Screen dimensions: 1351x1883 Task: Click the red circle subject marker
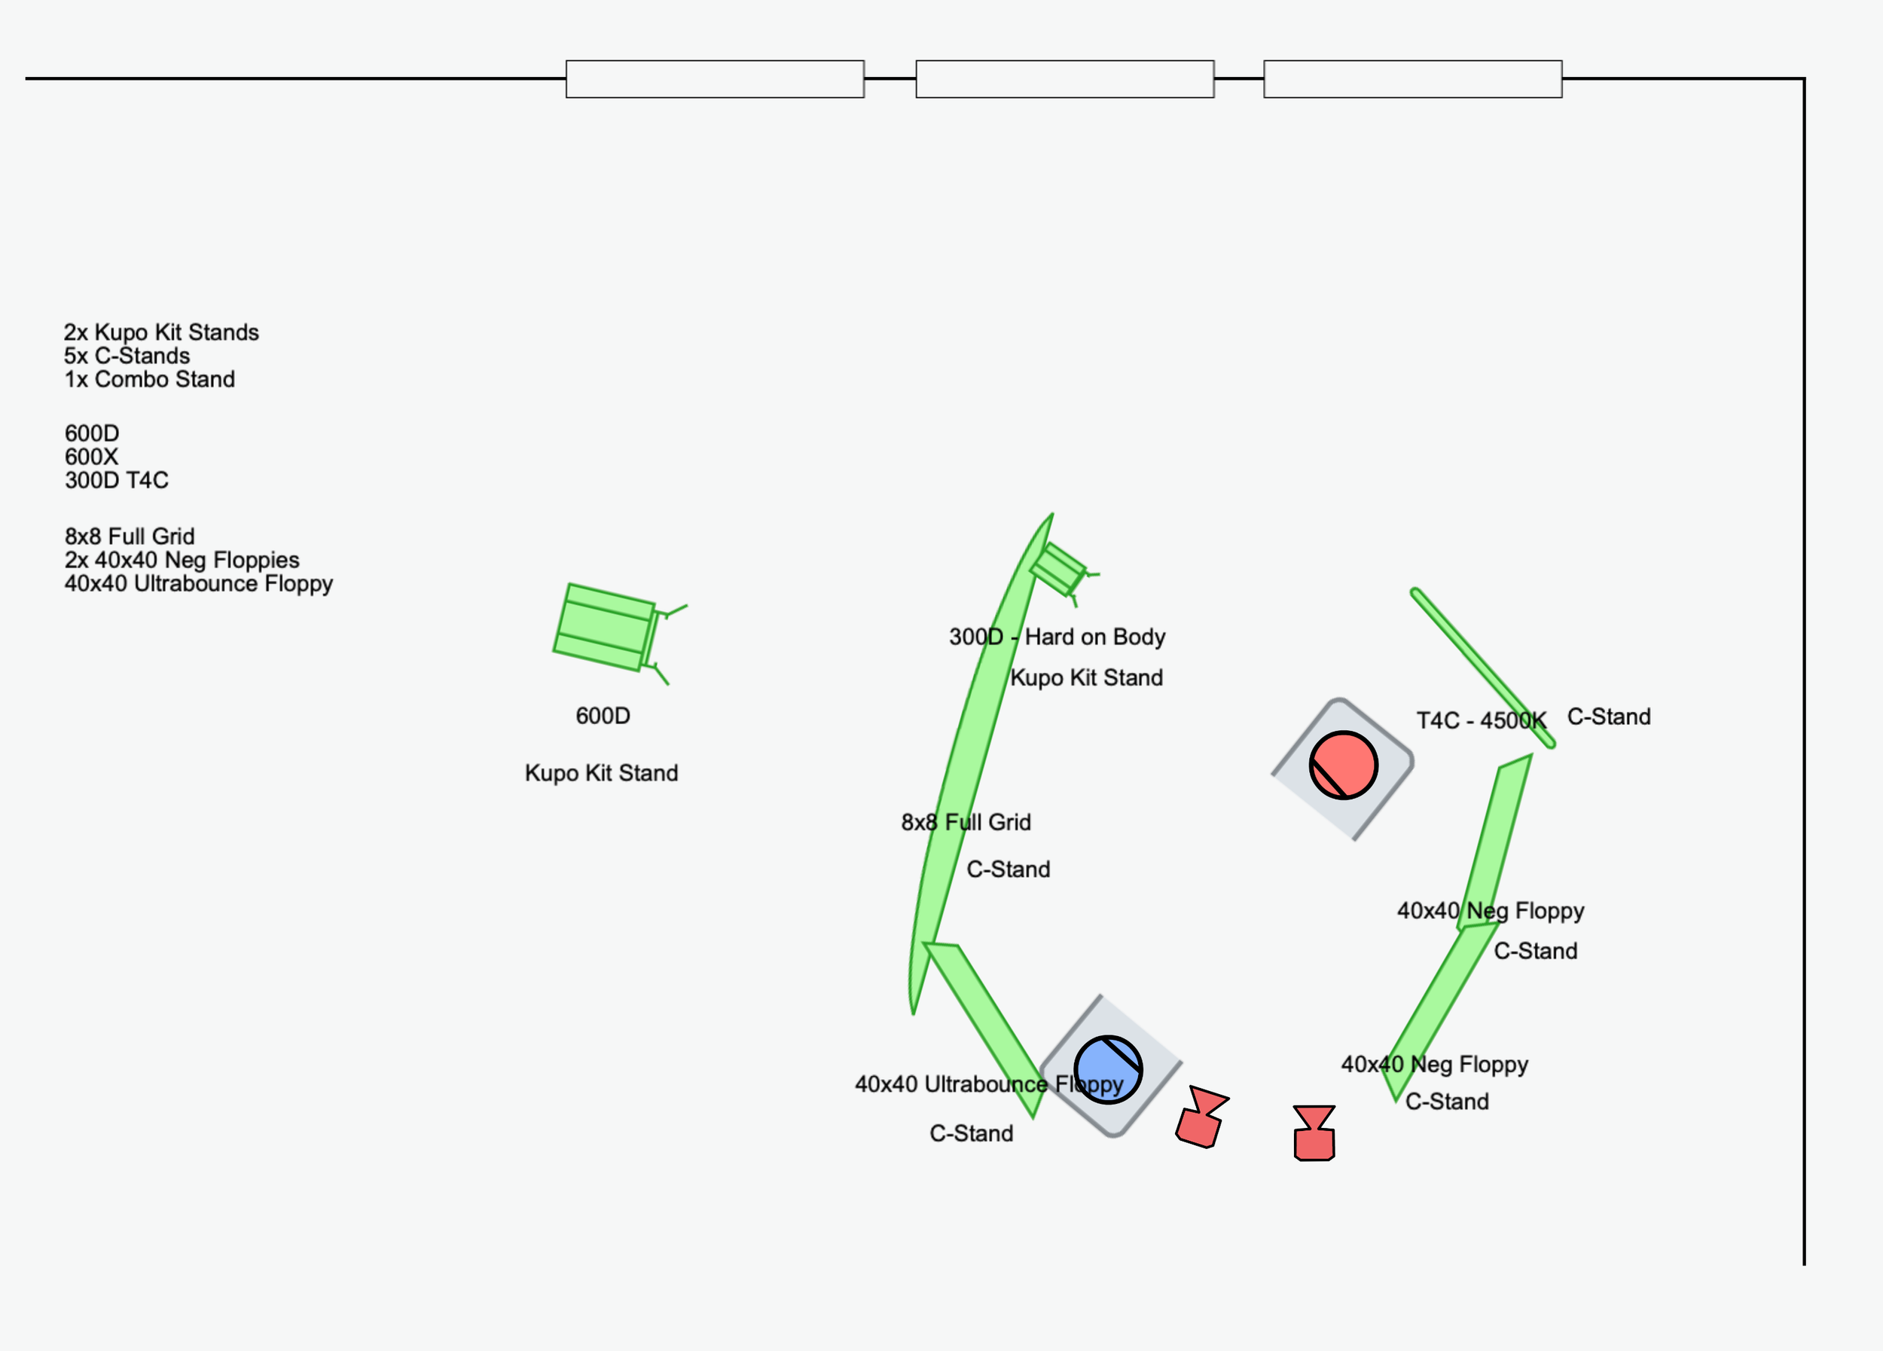(1342, 765)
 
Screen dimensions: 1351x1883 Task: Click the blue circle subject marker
(1107, 1069)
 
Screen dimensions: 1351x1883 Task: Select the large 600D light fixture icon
(606, 628)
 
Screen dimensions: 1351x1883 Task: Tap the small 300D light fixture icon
(1058, 569)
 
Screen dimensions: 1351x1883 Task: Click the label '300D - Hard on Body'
(1057, 637)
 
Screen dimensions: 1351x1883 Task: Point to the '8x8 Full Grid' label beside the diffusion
(966, 822)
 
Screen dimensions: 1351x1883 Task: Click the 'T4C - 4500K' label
(1481, 720)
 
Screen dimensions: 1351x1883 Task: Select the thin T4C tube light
(1482, 668)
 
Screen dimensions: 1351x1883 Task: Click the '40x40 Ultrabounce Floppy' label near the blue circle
(989, 1084)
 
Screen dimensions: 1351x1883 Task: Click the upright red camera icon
(1314, 1133)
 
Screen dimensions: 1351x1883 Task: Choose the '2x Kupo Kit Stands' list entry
(161, 332)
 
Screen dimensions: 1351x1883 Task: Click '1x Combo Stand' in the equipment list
(149, 380)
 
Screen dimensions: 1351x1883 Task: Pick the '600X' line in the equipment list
(91, 457)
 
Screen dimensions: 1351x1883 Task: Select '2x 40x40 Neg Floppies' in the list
(182, 560)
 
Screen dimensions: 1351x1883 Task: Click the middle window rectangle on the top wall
(1064, 79)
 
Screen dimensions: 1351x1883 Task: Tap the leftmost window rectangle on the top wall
(715, 79)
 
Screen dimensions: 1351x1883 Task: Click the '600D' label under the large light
(603, 716)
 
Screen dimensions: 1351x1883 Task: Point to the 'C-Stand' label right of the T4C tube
(1608, 717)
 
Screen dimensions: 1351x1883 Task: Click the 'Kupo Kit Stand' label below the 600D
(601, 773)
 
